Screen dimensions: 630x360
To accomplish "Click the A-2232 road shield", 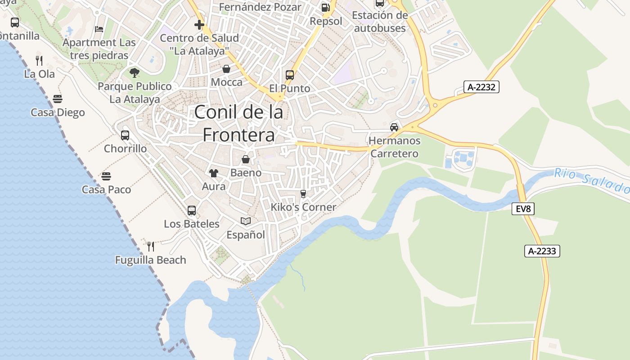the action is coord(481,87).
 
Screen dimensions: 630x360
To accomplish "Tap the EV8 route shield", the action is coord(523,209).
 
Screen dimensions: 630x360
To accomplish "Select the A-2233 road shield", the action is coord(542,251).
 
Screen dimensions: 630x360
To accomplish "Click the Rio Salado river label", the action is coord(591,180).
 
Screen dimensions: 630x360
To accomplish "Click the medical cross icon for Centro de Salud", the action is coord(199,24).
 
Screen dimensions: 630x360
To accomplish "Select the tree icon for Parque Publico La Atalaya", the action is coord(134,72).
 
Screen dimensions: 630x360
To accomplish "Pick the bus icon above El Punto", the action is coord(290,75).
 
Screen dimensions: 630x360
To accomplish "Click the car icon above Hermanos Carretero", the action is coord(394,127).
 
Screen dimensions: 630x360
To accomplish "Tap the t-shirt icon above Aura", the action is coord(213,173).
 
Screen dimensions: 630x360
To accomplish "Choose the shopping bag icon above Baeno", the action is coord(246,159).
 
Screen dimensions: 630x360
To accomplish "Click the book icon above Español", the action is coord(246,221).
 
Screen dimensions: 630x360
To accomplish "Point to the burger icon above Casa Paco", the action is coord(106,176).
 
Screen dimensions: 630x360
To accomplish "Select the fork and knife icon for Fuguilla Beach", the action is coord(151,246).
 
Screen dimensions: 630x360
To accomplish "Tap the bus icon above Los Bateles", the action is coord(192,210).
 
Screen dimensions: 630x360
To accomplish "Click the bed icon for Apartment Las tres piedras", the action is coord(99,29).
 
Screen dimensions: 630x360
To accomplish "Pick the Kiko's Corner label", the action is coord(303,207).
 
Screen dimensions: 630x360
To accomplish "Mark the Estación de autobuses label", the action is coord(380,22).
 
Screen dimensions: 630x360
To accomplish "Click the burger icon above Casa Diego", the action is coord(58,99).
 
